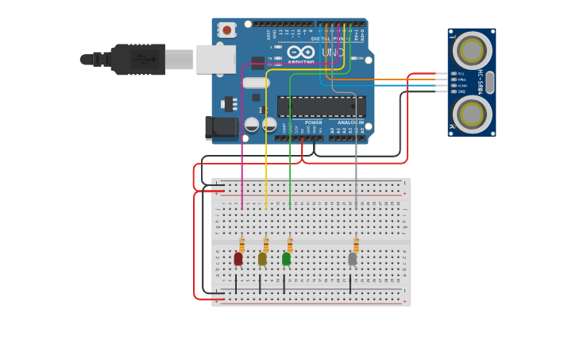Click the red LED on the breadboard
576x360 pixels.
238,258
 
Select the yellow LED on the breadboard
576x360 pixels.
262,258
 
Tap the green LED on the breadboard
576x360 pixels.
286,258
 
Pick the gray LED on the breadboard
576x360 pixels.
353,258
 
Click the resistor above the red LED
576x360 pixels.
242,245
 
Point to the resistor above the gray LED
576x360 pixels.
356,245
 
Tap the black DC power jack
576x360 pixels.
220,127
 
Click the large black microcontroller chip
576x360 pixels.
321,106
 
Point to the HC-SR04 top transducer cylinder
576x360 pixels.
472,49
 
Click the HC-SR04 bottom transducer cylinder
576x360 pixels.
472,114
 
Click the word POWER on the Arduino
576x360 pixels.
314,122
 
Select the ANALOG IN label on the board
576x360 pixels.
350,122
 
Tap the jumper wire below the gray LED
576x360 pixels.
350,284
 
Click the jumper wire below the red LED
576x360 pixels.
236,284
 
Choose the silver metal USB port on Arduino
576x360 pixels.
215,59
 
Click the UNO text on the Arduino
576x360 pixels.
332,52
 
